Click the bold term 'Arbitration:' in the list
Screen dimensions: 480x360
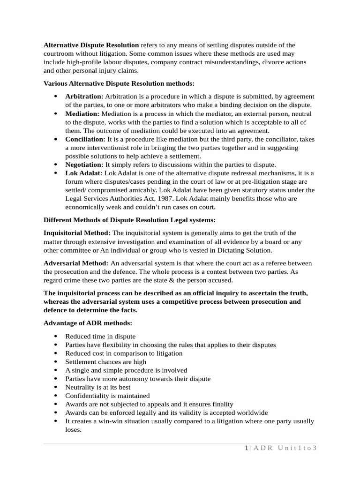click(84, 97)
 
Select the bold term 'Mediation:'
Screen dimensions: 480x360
click(82, 114)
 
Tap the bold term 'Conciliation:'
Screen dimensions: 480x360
click(85, 139)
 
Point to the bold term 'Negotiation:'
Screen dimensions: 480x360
click(84, 165)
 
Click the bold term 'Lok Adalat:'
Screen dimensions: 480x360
click(82, 173)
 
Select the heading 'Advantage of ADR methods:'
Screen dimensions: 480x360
click(88, 323)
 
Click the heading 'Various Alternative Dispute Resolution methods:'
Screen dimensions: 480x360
click(119, 83)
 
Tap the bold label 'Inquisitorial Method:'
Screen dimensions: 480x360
click(77, 233)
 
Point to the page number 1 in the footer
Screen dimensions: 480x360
click(247, 448)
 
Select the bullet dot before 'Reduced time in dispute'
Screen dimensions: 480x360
click(55, 337)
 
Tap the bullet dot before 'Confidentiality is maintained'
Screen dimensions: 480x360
click(55, 396)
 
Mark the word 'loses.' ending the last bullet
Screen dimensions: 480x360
click(74, 429)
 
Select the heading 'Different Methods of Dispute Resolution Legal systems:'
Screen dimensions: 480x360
click(129, 220)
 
